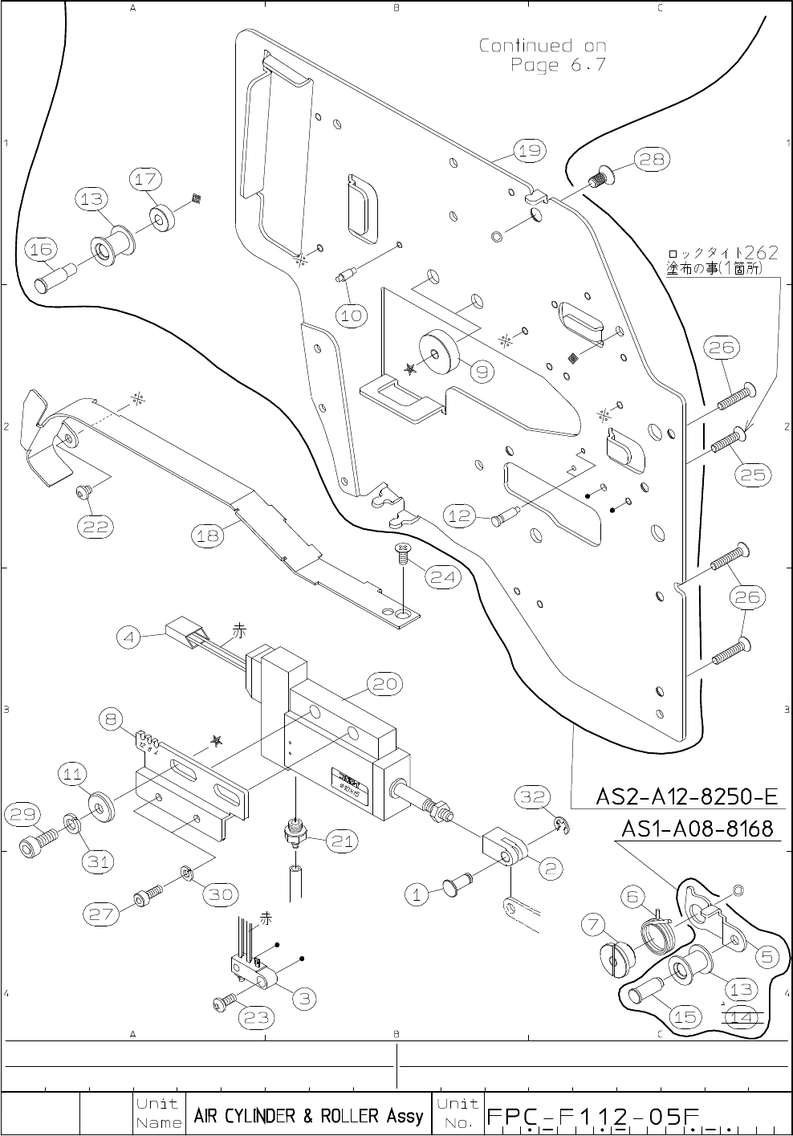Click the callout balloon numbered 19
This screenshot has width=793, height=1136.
[x=529, y=151]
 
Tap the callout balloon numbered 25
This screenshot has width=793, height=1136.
[x=753, y=474]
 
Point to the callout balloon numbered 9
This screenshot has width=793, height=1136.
[x=482, y=371]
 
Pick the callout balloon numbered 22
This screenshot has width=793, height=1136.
[x=95, y=527]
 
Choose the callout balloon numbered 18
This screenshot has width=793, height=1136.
[x=209, y=535]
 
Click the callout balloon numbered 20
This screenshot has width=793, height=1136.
[x=385, y=684]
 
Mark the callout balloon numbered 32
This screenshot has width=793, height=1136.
[x=532, y=796]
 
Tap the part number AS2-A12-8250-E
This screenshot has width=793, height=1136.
[x=686, y=797]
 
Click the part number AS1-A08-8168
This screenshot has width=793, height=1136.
[x=697, y=829]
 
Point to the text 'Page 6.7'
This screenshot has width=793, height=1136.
[x=558, y=65]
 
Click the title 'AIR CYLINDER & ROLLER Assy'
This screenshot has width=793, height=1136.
[x=308, y=1116]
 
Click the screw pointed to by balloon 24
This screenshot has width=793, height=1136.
[x=401, y=556]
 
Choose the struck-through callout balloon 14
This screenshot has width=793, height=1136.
[x=742, y=1017]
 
